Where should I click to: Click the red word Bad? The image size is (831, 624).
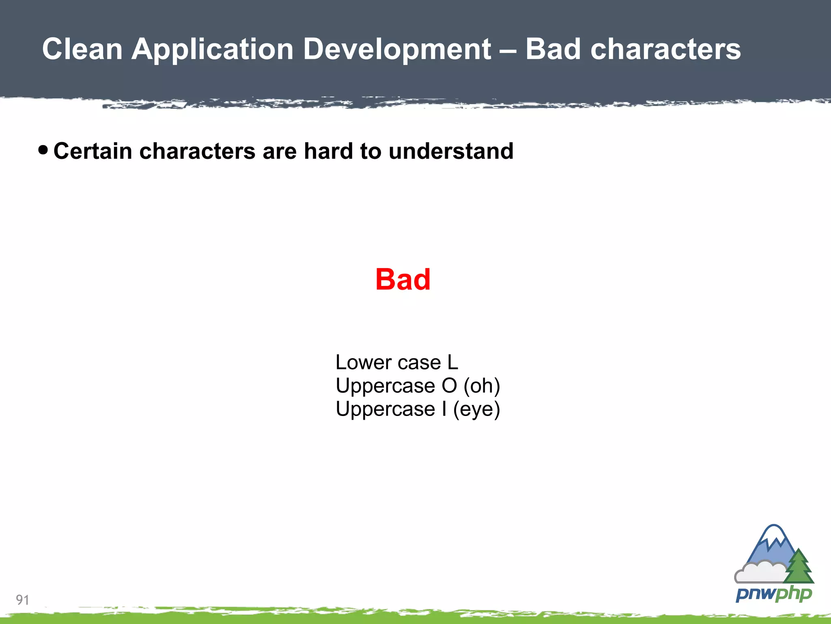coord(403,280)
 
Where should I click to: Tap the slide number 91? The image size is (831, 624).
coord(22,600)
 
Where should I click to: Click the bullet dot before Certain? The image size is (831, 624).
coord(43,150)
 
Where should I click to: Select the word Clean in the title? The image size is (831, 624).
coord(82,49)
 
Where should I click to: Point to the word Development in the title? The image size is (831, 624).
coord(397,49)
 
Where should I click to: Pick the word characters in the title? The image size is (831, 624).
coord(665,49)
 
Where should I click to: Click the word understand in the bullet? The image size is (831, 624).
coord(451,151)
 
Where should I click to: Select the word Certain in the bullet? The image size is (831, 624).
coord(93,151)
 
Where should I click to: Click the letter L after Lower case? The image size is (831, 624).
coord(452,362)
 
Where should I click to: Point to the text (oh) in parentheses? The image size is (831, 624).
coord(482,386)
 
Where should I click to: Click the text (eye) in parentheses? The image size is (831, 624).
coord(476,409)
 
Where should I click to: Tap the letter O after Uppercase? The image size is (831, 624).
coord(449,386)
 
